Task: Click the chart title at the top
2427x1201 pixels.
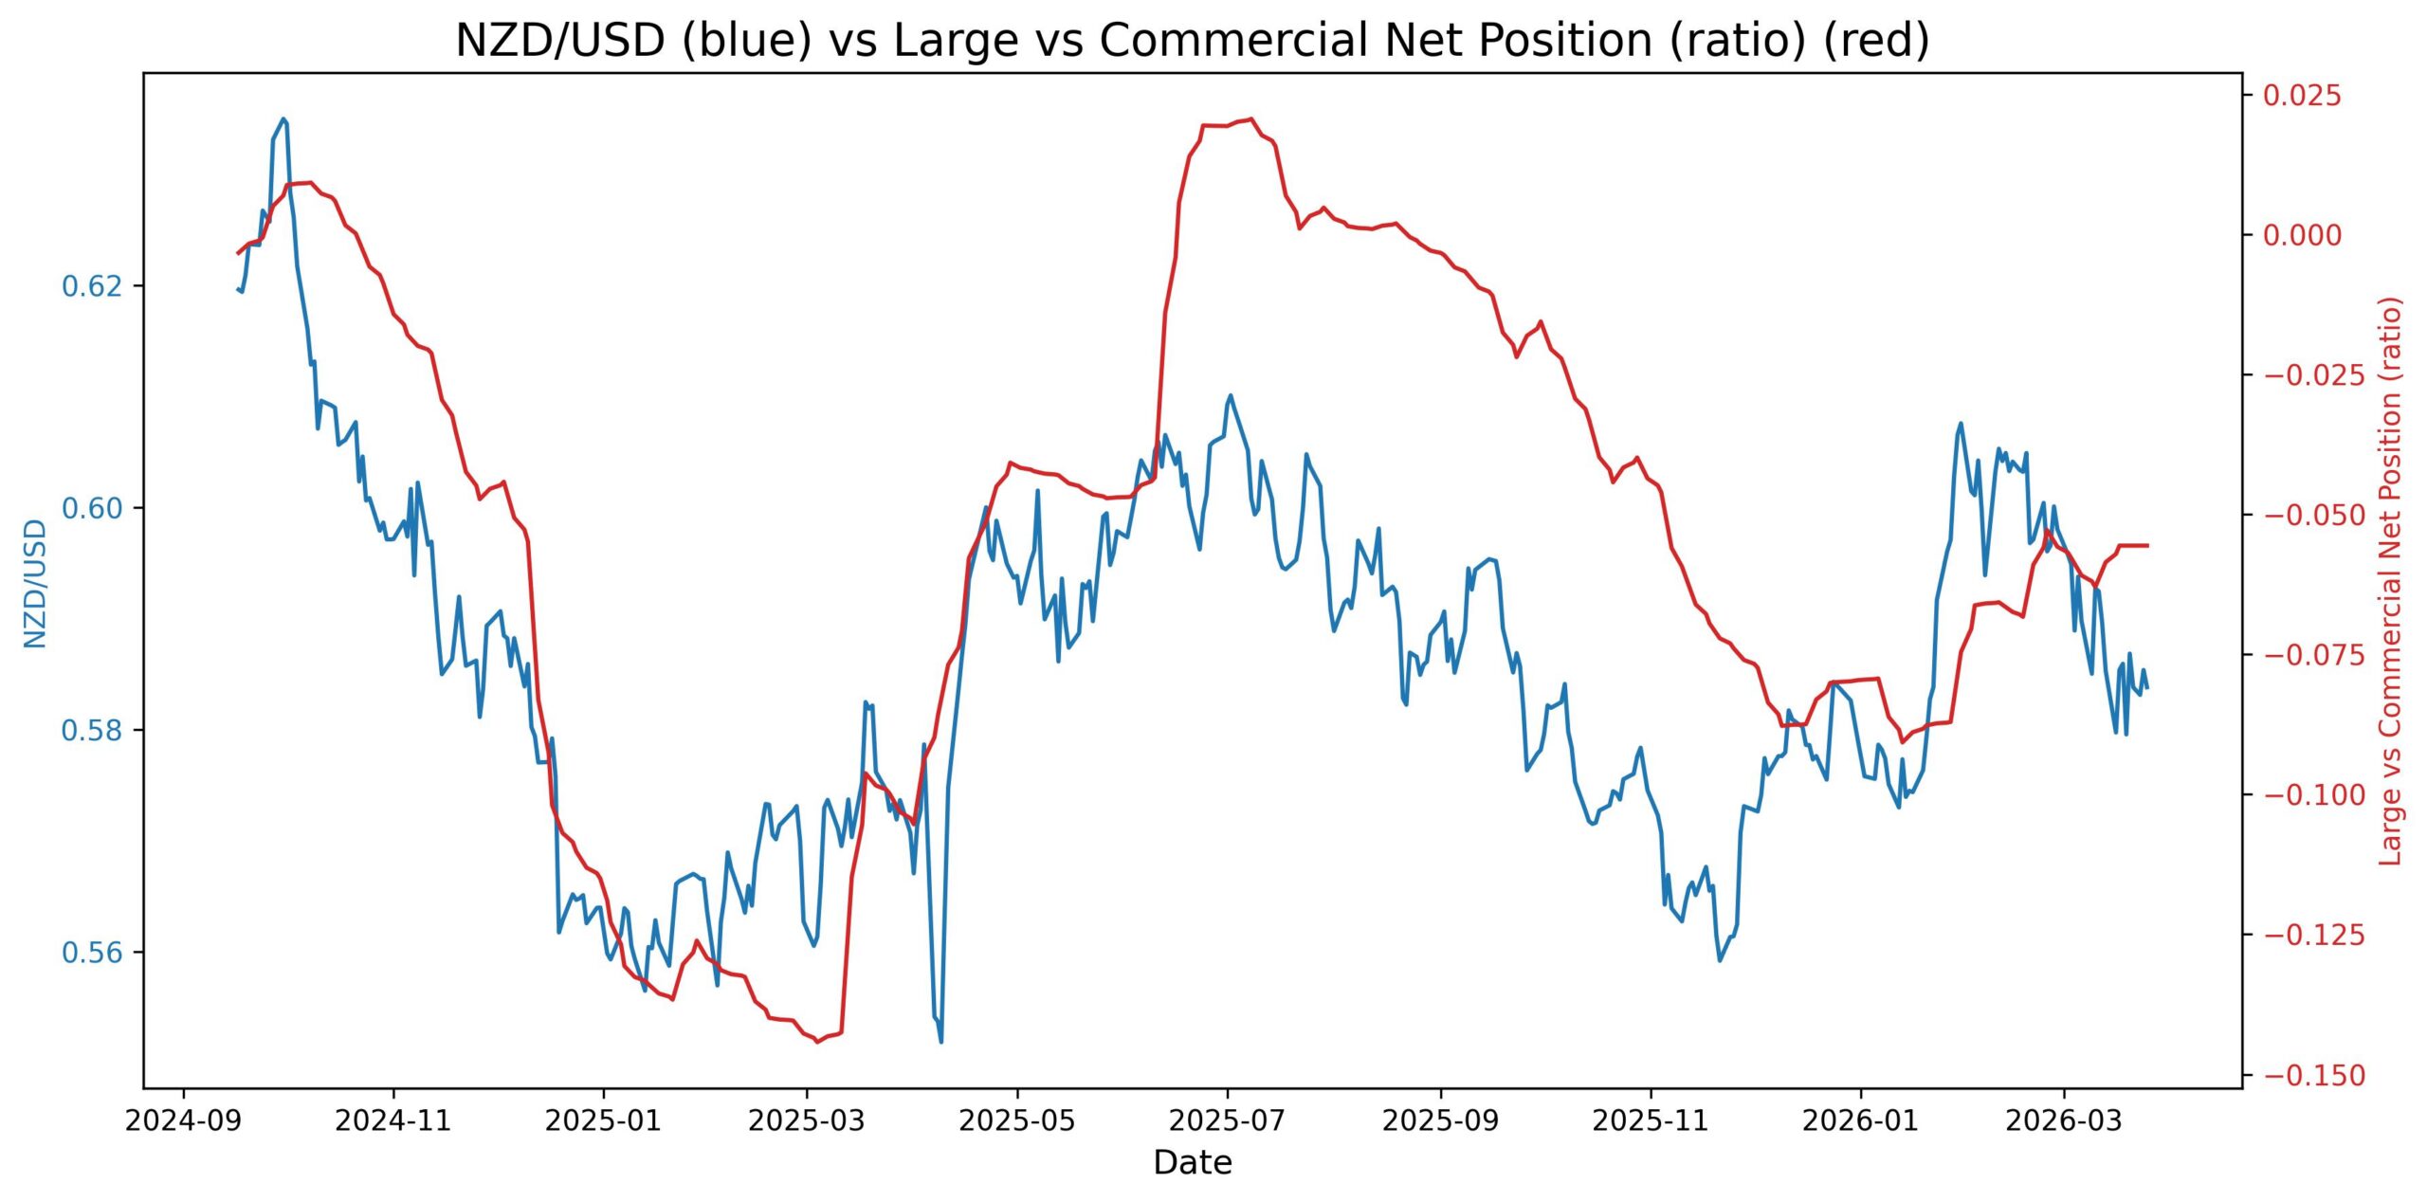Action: (x=1192, y=41)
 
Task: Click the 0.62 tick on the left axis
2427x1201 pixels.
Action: (x=92, y=286)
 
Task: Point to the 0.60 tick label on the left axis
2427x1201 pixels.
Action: (x=92, y=508)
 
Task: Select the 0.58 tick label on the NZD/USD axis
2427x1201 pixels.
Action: (x=92, y=731)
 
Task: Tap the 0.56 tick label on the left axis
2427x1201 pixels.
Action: (x=92, y=953)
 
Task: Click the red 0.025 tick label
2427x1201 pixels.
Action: (x=2302, y=96)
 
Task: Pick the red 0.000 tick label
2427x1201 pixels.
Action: (x=2302, y=235)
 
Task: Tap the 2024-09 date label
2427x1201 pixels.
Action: (x=183, y=1121)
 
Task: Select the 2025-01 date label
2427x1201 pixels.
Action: (x=603, y=1121)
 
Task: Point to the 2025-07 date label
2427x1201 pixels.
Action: (x=1227, y=1121)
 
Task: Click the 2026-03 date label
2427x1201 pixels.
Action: (x=2063, y=1121)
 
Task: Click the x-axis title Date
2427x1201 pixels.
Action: (x=1192, y=1162)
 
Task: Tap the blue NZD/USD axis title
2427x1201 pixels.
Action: (x=35, y=583)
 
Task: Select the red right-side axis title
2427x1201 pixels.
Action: (x=2391, y=581)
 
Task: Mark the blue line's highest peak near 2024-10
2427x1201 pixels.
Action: (x=283, y=118)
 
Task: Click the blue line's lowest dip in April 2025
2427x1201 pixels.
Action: (x=940, y=1042)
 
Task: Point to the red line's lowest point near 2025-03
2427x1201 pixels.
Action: (x=818, y=1042)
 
